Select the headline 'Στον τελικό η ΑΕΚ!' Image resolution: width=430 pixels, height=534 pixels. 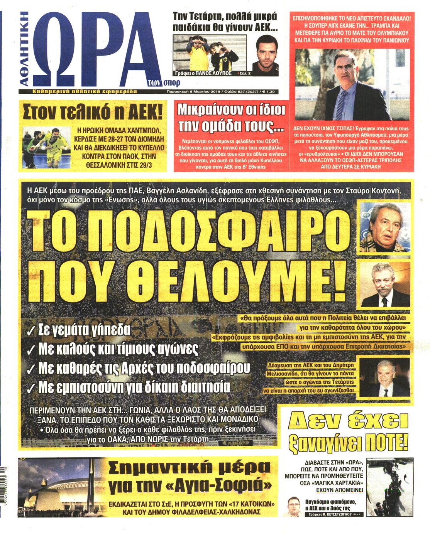(x=93, y=112)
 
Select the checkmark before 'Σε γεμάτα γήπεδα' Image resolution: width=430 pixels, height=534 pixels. (x=31, y=330)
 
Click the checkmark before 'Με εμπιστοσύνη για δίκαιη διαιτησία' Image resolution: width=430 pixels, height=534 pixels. (x=31, y=387)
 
